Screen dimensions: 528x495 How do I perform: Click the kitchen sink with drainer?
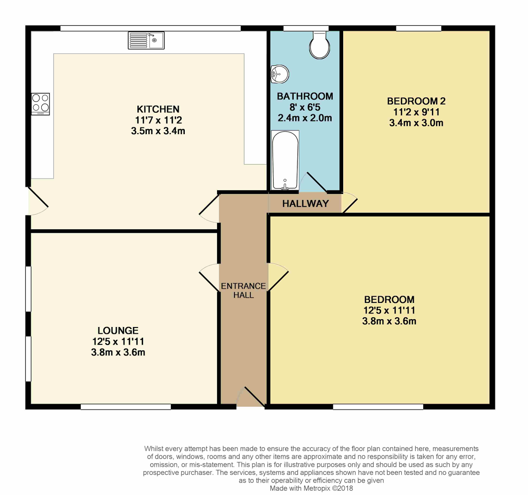coord(146,40)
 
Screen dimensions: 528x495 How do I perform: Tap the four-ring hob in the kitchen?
coord(40,104)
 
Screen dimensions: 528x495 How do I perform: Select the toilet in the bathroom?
coord(320,45)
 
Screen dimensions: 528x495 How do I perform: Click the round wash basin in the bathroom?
coord(280,74)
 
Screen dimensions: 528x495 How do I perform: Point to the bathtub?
coord(285,160)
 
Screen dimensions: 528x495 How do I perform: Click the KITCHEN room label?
coord(158,109)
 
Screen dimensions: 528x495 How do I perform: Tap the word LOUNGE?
coord(118,331)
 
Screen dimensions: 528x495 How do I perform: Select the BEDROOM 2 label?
coord(416,101)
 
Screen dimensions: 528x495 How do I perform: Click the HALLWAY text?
coord(306,204)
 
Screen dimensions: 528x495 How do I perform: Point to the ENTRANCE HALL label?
coord(243,290)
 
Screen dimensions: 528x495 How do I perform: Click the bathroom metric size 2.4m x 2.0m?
coord(305,118)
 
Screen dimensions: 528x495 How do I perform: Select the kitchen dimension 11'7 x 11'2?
coord(158,120)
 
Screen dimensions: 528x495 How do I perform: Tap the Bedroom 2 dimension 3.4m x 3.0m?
coord(416,123)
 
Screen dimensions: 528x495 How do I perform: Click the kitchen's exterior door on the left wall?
coord(38,201)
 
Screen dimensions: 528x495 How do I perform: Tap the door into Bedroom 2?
coord(349,202)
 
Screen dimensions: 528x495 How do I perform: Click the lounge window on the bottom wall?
coord(126,406)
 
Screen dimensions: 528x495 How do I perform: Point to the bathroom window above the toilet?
coord(306,28)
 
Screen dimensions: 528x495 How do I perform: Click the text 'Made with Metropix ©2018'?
coord(311,488)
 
